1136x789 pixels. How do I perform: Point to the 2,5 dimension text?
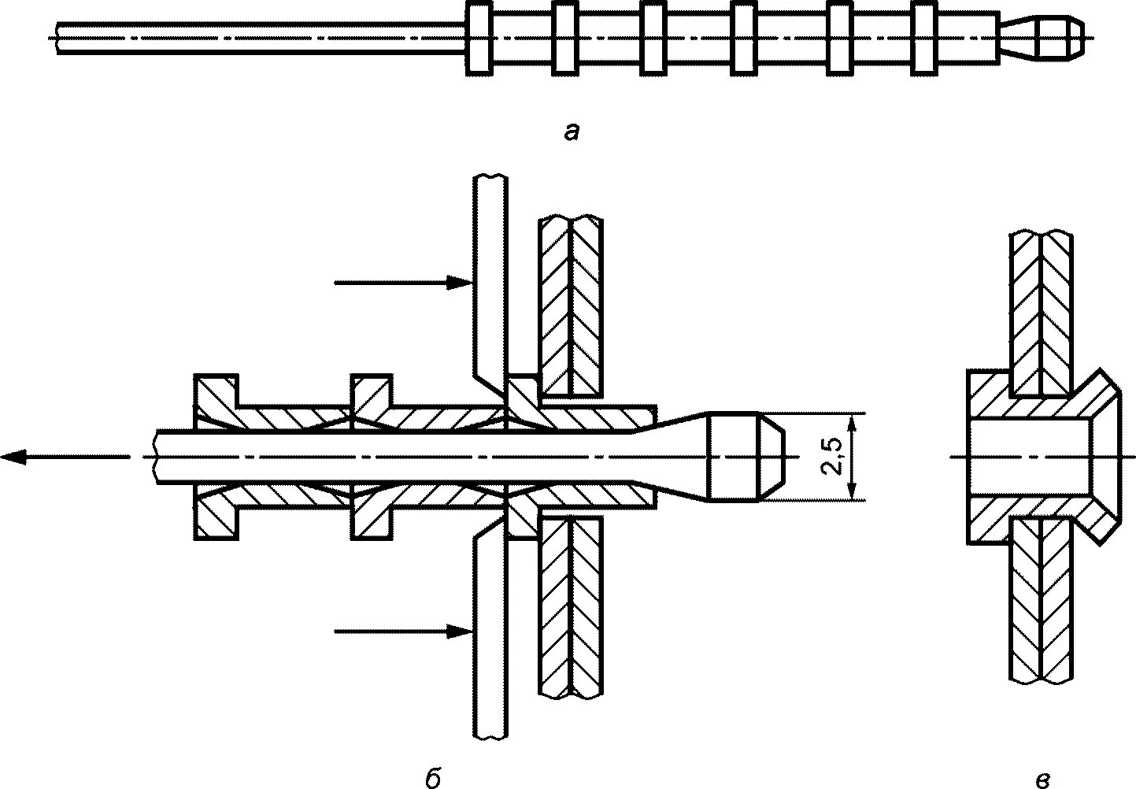pyautogui.click(x=831, y=457)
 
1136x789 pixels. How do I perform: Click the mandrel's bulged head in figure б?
pyautogui.click(x=744, y=457)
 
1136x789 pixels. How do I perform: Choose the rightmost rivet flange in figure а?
pyautogui.click(x=924, y=38)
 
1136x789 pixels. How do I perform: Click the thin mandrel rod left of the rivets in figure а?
pyautogui.click(x=260, y=38)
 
